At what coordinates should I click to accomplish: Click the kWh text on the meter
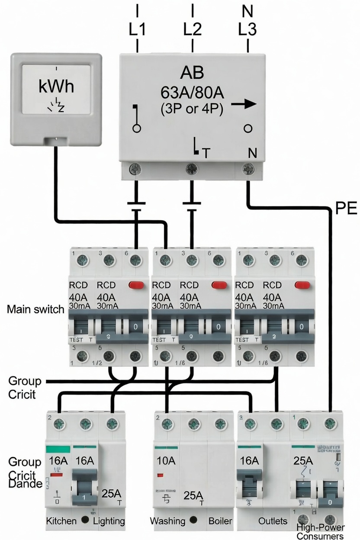point(56,87)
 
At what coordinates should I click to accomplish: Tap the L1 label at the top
point(137,29)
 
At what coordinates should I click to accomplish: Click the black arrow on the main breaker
point(244,104)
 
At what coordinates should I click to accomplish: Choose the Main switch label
point(35,310)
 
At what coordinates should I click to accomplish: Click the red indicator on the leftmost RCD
point(136,285)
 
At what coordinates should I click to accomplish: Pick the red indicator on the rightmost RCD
point(302,285)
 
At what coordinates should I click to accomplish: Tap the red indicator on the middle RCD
point(219,285)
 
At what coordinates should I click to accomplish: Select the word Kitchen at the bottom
point(61,521)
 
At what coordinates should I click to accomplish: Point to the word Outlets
point(273,521)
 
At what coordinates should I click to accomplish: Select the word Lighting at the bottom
point(109,521)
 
